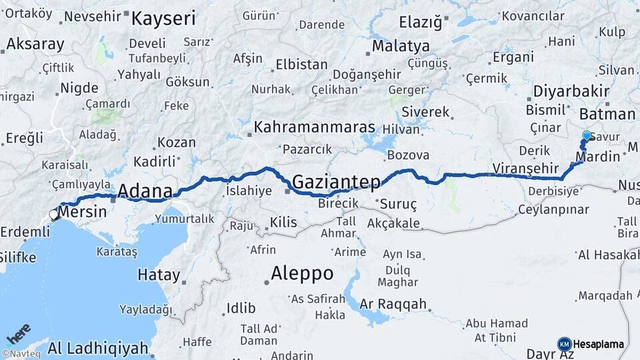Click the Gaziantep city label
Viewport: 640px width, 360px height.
336,181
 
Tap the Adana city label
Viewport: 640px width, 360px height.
145,192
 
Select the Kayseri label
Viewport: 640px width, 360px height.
163,18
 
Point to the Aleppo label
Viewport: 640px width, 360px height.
302,273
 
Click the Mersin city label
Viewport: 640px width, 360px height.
82,213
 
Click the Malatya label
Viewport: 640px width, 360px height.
401,46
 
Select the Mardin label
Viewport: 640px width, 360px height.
597,158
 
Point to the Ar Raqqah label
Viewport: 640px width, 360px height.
393,304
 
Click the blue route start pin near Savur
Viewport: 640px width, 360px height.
587,136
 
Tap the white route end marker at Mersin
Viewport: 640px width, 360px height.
53,215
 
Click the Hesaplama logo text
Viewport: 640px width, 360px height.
599,344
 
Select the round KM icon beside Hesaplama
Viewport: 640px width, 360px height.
564,344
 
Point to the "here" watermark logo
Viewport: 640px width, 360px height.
19,333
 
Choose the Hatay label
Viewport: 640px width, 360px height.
159,274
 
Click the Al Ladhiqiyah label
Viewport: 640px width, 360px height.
97,347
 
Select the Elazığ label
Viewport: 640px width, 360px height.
420,23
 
